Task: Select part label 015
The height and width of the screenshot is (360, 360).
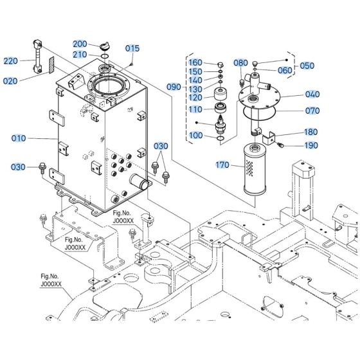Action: tap(132, 48)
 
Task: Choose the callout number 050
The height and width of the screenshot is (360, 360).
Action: tap(308, 66)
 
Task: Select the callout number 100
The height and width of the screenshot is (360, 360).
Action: tap(195, 135)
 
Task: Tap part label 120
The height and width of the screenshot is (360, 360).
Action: tap(195, 98)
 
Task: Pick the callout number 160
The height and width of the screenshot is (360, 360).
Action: tap(195, 62)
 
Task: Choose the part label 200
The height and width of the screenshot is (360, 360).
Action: tap(80, 44)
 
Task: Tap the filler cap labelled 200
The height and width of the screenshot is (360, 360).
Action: tap(106, 46)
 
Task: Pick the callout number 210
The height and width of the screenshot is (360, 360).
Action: tap(80, 54)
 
